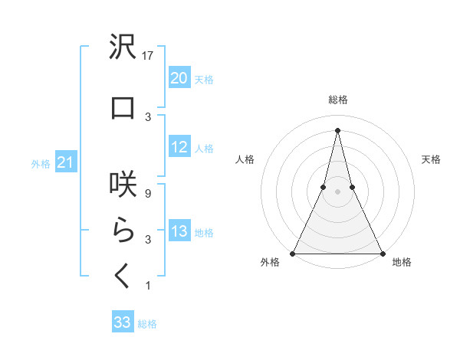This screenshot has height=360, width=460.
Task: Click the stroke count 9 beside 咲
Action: coord(148,193)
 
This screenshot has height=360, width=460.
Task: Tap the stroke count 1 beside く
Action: coord(148,286)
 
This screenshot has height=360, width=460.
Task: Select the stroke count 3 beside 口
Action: coord(148,116)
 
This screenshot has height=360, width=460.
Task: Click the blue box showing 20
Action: coord(179,78)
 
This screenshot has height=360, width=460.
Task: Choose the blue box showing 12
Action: coord(179,147)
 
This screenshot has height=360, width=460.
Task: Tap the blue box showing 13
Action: coord(179,231)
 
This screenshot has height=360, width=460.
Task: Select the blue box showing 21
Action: coord(65,162)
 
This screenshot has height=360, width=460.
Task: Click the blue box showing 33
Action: coord(122,322)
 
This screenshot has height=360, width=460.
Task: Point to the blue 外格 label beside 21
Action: coord(41,163)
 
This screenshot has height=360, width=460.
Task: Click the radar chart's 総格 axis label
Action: coord(338,100)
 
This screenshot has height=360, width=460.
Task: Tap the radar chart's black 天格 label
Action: coord(432,159)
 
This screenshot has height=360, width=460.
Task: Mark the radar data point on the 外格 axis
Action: coord(294,253)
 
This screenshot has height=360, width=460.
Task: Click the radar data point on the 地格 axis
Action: coord(382,253)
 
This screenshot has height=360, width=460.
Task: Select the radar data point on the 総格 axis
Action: coord(338,130)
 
